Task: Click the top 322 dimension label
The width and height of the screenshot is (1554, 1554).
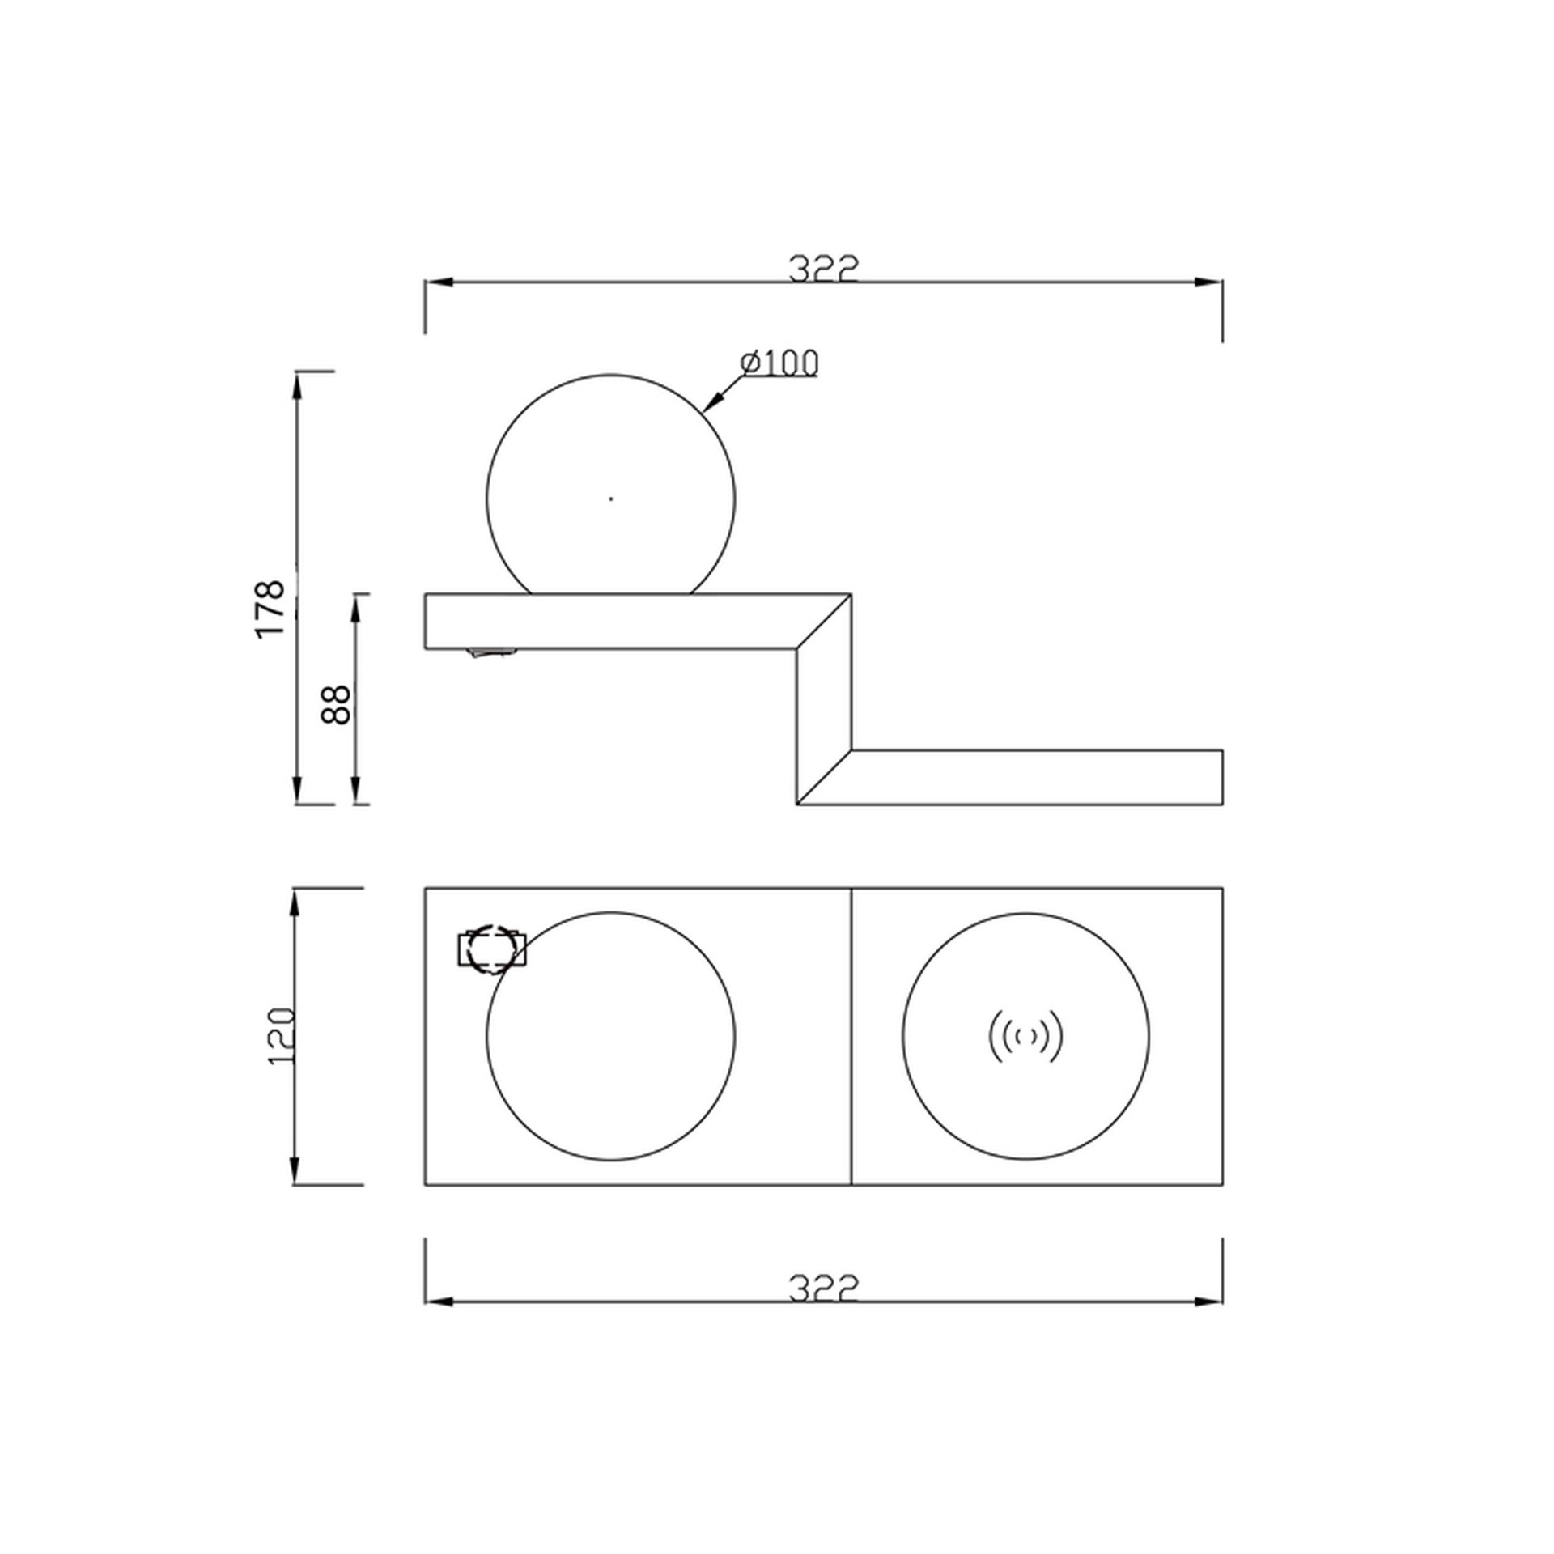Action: [822, 269]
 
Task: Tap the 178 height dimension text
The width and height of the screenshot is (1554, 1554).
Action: [271, 609]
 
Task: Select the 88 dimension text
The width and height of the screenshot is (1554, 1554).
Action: [336, 704]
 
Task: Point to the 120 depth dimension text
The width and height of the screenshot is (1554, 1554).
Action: [282, 1036]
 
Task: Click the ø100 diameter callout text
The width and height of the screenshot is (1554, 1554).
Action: [779, 363]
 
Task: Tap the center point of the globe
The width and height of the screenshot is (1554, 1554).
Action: [611, 499]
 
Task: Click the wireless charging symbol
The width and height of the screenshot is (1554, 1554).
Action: [1025, 1036]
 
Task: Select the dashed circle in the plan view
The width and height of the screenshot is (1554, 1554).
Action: [491, 949]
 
